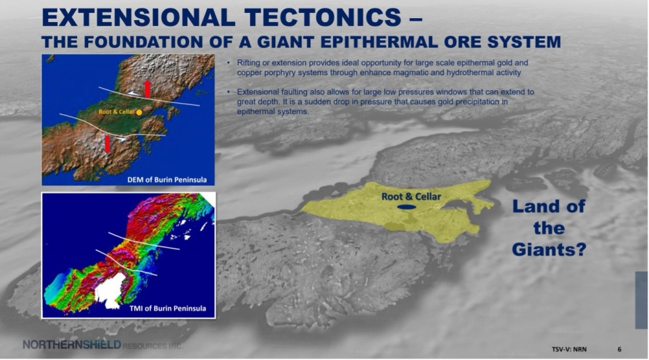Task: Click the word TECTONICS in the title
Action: (323, 18)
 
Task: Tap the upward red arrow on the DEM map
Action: (147, 89)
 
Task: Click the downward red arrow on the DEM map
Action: (108, 145)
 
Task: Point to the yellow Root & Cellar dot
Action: (140, 112)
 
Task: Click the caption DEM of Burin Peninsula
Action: (167, 180)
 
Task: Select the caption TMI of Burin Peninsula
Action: (167, 308)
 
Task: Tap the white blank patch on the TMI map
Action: (110, 291)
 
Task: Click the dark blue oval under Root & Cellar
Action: (406, 207)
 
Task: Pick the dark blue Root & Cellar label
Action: (411, 197)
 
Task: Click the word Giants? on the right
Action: (549, 250)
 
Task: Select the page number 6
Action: (620, 349)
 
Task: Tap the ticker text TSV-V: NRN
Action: (569, 349)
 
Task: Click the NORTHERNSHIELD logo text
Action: (71, 344)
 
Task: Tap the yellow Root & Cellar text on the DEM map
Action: (117, 112)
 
